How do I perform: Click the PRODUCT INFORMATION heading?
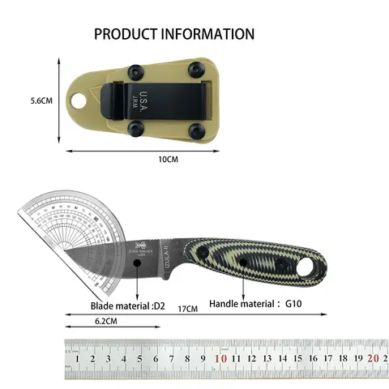pos(174,34)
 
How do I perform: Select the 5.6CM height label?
pos(19,101)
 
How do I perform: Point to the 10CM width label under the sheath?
pos(168,160)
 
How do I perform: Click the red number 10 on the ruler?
pos(220,357)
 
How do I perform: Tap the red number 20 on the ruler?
pos(372,357)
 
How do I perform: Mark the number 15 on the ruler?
pos(297,357)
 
